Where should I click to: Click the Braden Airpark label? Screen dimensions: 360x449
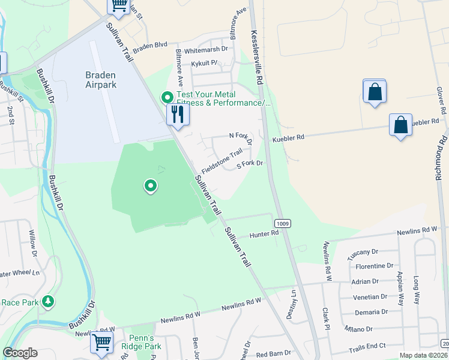tap(100, 80)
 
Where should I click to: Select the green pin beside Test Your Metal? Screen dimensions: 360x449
tap(166, 97)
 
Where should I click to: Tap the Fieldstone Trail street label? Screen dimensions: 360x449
tap(221, 162)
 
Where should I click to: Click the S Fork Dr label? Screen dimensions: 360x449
tap(250, 163)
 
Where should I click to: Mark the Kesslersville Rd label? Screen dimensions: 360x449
tap(257, 58)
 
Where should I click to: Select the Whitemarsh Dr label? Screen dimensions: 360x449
tap(206, 49)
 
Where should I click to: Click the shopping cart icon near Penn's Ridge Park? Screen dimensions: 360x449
tap(101, 343)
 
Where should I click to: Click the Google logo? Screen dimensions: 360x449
tap(20, 353)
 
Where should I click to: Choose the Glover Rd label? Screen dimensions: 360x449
tap(441, 100)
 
